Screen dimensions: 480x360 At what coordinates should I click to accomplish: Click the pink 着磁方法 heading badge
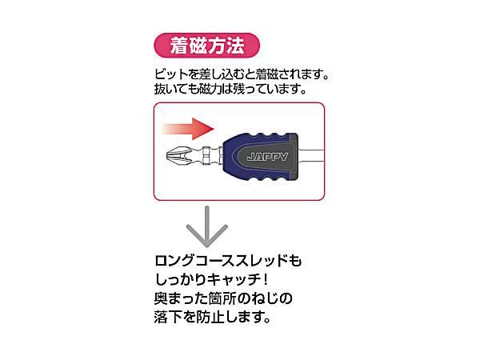coord(206,46)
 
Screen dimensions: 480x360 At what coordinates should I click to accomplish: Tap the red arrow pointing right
coord(188,129)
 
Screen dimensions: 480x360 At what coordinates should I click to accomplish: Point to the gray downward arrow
coord(207,227)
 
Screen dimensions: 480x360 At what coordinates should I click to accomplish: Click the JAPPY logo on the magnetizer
coord(267,157)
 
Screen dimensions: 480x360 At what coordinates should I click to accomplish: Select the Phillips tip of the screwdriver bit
coord(178,156)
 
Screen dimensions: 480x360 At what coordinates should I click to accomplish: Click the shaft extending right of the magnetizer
coord(311,156)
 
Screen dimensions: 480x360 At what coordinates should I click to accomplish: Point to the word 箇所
coord(222,298)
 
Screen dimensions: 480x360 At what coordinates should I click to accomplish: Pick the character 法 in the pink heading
coord(235,46)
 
